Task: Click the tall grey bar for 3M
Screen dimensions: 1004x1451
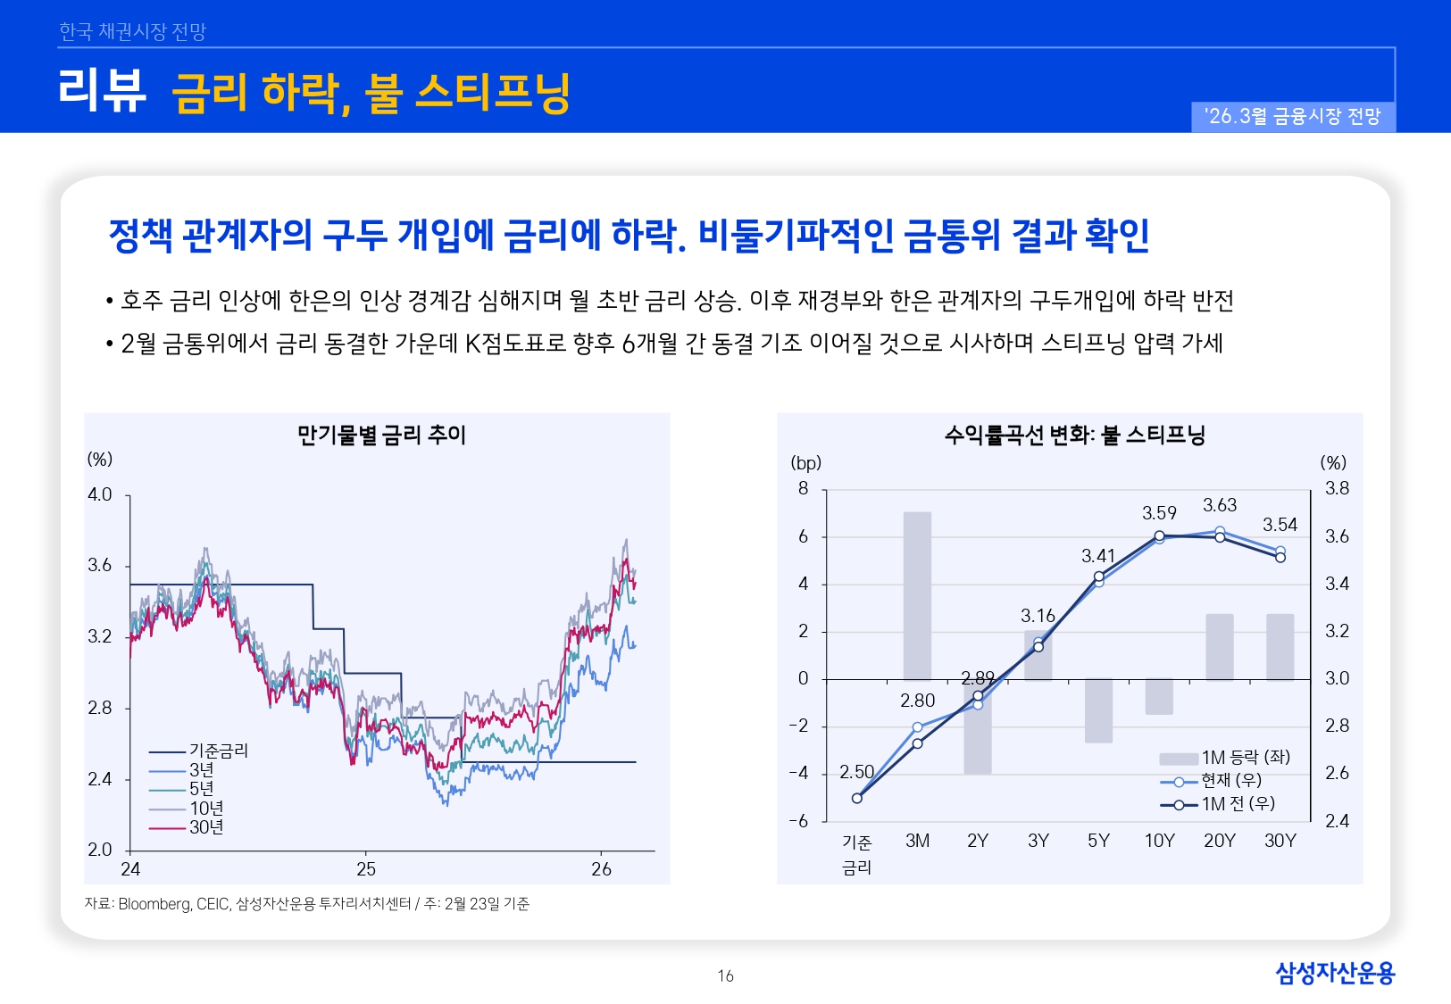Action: click(x=917, y=595)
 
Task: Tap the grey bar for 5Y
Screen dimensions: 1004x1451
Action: click(x=1098, y=711)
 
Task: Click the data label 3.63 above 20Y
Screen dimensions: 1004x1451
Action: click(x=1219, y=505)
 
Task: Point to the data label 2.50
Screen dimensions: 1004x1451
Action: click(x=856, y=772)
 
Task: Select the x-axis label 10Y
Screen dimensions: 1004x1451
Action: click(x=1159, y=841)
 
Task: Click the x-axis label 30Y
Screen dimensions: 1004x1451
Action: click(x=1280, y=841)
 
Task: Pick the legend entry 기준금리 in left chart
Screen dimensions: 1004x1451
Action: click(x=219, y=751)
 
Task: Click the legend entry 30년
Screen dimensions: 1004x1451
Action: click(x=206, y=827)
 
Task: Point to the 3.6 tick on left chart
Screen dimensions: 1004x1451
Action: click(x=100, y=566)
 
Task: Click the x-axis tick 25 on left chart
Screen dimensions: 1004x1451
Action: click(x=366, y=869)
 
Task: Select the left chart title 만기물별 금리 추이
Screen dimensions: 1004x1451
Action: click(x=381, y=436)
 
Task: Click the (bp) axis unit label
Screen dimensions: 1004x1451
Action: click(x=805, y=462)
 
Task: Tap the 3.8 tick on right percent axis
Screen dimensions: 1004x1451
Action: click(x=1336, y=488)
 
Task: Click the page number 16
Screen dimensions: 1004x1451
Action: click(x=725, y=976)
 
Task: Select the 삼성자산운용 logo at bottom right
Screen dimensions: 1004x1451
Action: click(x=1334, y=973)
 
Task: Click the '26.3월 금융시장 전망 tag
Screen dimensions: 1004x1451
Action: click(x=1292, y=117)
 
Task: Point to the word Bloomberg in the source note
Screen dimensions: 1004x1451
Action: click(x=154, y=904)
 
